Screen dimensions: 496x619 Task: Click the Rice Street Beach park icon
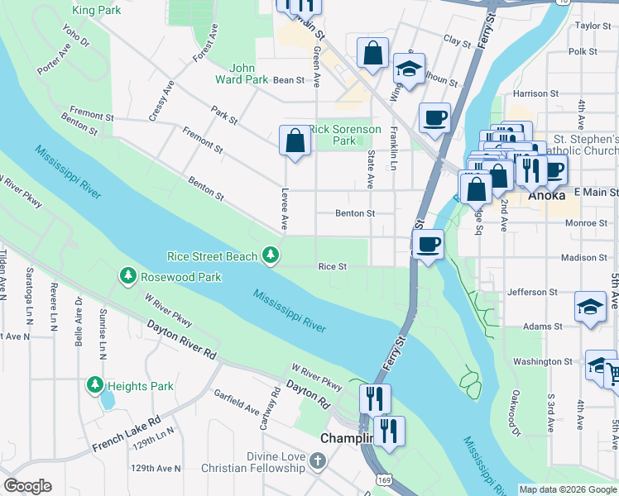[270, 256]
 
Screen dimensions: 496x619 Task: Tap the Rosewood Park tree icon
[127, 275]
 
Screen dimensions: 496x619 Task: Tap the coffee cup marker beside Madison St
[428, 245]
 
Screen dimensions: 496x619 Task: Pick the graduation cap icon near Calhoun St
[409, 69]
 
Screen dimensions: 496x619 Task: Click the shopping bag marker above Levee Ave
[295, 141]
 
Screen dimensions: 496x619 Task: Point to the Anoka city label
[547, 196]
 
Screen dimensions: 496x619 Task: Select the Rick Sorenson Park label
[345, 136]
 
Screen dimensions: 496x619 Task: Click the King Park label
[96, 10]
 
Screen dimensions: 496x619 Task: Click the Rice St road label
[332, 266]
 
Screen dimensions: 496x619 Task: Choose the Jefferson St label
[532, 292]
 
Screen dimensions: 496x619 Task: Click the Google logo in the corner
[27, 486]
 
